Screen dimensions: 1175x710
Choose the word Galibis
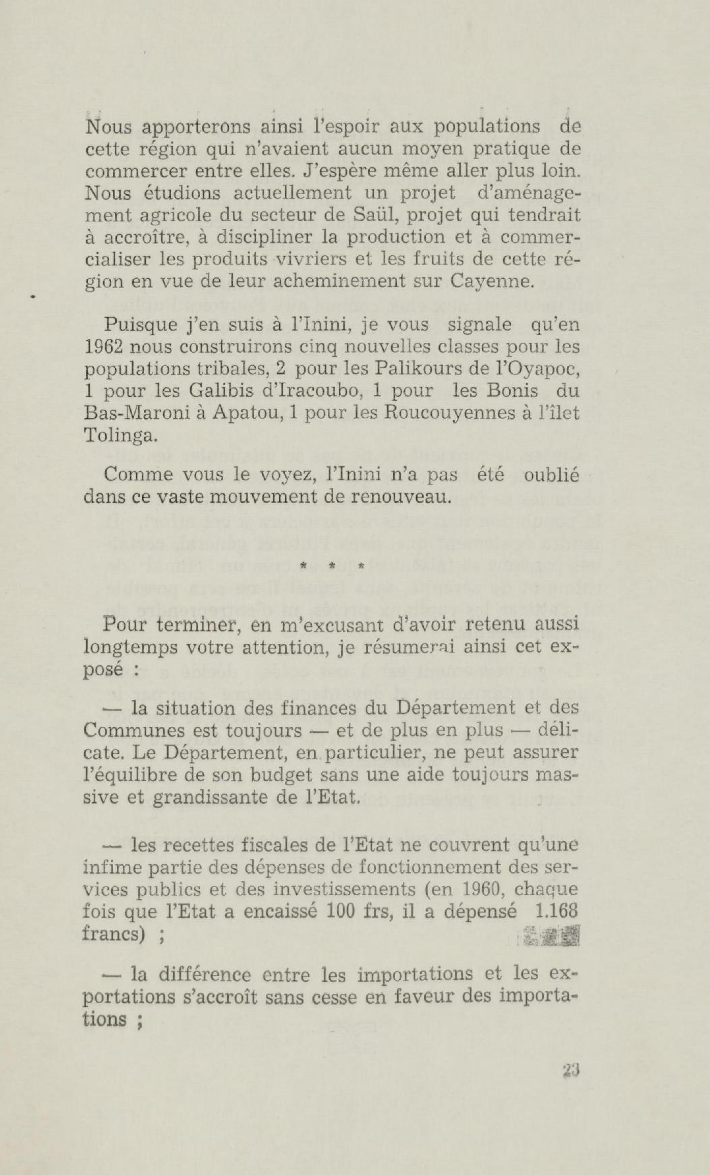[220, 391]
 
